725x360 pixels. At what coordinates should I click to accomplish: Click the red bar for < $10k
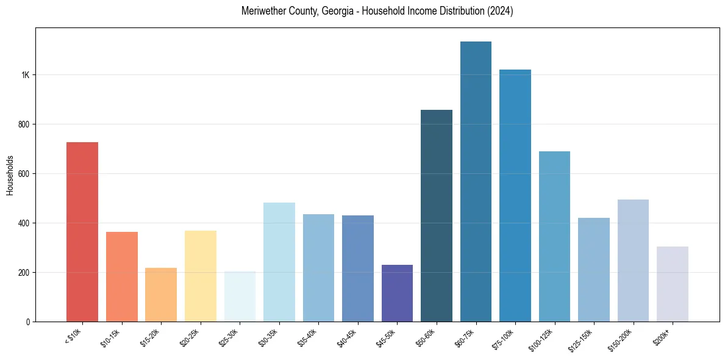click(x=82, y=232)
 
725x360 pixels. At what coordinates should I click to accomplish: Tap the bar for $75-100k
click(x=515, y=195)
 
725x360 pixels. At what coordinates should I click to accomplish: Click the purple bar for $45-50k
click(x=397, y=293)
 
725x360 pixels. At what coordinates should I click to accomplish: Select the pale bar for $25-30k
click(x=240, y=297)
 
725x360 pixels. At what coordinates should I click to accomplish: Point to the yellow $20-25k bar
click(x=200, y=276)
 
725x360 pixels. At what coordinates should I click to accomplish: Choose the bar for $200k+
click(x=672, y=284)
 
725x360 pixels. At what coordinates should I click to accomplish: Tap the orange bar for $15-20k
click(x=161, y=295)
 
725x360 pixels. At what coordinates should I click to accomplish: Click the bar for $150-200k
click(x=633, y=261)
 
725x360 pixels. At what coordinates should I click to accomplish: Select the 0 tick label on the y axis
click(x=28, y=322)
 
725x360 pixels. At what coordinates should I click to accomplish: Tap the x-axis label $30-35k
click(x=269, y=337)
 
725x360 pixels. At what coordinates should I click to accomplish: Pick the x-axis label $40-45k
click(x=348, y=337)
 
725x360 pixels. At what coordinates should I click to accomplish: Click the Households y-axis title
click(x=10, y=175)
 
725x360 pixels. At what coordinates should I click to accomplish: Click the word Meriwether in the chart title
click(x=263, y=11)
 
